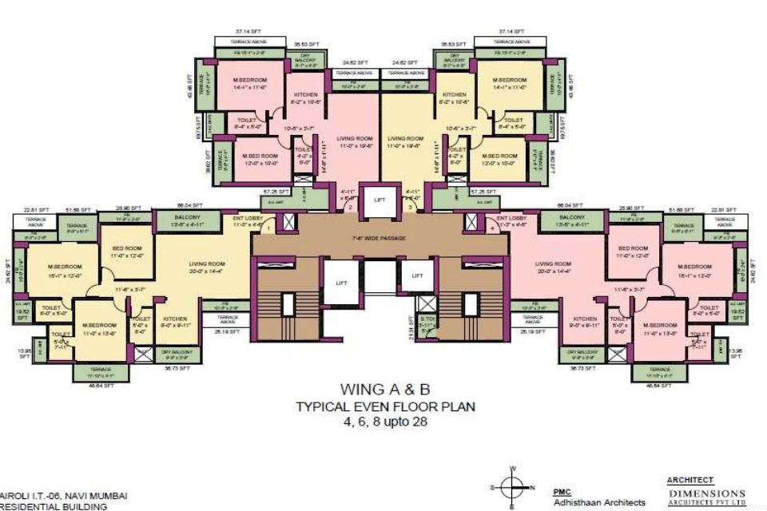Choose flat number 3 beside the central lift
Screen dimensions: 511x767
411,207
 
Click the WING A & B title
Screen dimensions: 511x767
385,390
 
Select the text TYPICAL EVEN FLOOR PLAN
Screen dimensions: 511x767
385,406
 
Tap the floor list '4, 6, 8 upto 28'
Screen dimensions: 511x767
385,422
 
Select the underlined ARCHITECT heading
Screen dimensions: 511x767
690,480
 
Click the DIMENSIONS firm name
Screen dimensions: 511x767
706,494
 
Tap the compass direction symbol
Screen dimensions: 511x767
513,486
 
